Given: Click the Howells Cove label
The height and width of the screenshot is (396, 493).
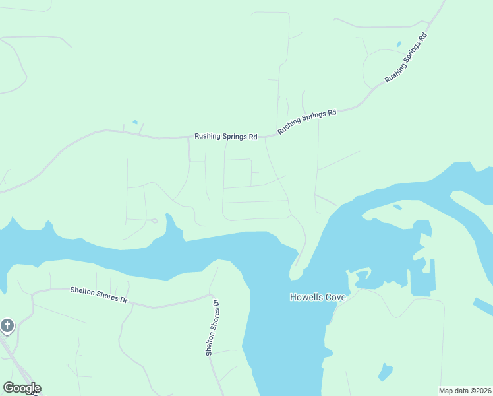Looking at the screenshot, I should tap(318, 297).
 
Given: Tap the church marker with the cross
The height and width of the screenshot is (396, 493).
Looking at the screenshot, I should tap(7, 326).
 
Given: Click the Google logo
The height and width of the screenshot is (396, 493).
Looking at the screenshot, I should tap(22, 388).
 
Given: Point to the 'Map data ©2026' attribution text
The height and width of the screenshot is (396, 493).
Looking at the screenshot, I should tap(465, 391).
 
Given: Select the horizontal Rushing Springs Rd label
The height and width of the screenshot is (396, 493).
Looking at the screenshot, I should tap(225, 137).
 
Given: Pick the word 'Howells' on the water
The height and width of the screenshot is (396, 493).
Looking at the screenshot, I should tap(307, 297).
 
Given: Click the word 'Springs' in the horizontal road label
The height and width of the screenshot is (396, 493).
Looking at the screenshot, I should tap(231, 137).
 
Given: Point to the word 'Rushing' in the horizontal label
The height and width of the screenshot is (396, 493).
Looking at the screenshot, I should tap(206, 137).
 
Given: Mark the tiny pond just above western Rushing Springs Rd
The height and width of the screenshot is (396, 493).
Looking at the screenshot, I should tap(135, 122).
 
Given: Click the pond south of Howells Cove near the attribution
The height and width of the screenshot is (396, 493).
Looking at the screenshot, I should tap(385, 373).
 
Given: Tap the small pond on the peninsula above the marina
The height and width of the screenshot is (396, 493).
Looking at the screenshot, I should tap(397, 207).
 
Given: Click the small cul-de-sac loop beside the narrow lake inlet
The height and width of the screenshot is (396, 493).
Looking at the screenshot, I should tap(154, 220).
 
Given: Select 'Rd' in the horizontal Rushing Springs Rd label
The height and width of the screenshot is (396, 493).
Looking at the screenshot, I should tap(252, 137).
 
